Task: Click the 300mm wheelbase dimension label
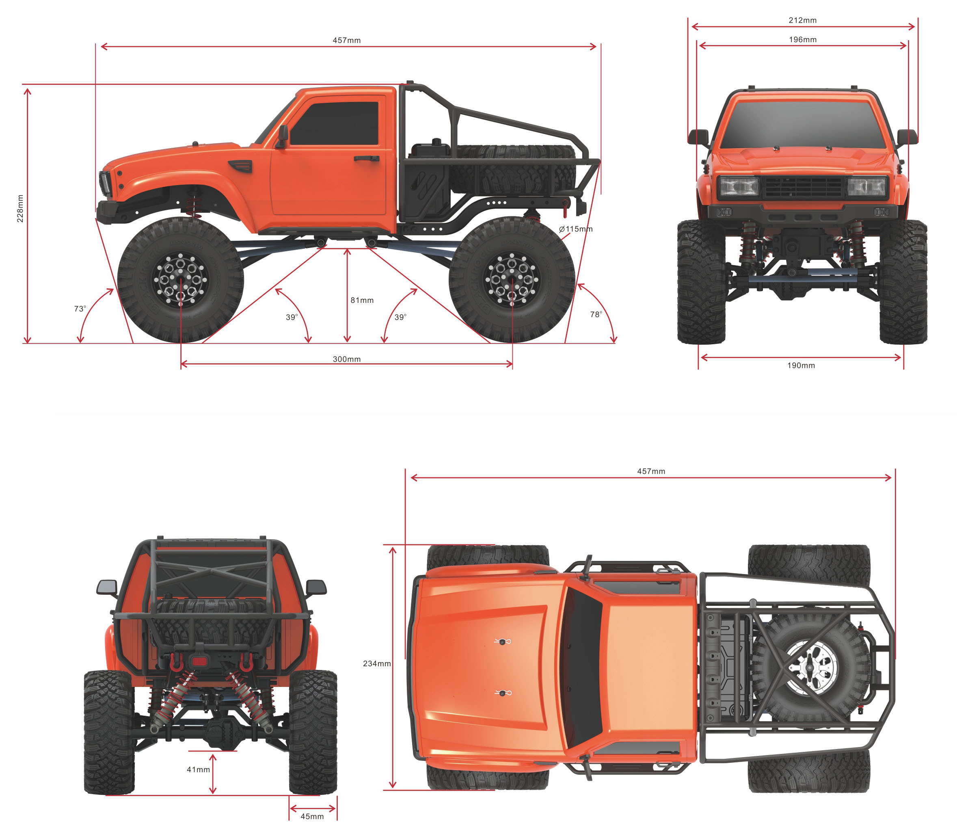[346, 359]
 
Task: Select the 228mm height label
[20, 208]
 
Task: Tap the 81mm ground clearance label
[362, 300]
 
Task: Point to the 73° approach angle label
[80, 309]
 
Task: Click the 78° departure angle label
[596, 315]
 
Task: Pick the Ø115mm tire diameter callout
[575, 229]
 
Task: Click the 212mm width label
[803, 20]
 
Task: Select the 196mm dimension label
[803, 40]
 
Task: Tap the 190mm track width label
[801, 365]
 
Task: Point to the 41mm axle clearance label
[198, 769]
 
